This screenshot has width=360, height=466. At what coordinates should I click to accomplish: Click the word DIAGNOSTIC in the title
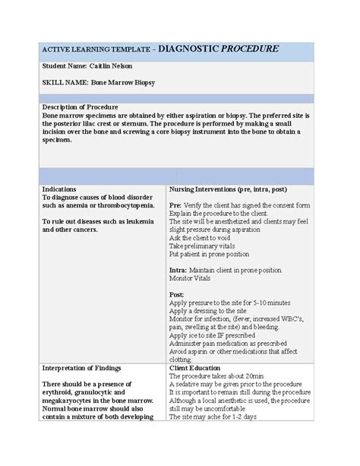click(188, 49)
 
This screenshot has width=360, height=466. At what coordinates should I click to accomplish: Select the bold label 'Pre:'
click(175, 205)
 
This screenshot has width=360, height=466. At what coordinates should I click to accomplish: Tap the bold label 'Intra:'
click(178, 270)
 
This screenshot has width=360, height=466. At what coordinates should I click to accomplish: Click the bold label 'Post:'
click(176, 294)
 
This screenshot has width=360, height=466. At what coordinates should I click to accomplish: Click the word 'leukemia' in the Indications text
click(137, 221)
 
